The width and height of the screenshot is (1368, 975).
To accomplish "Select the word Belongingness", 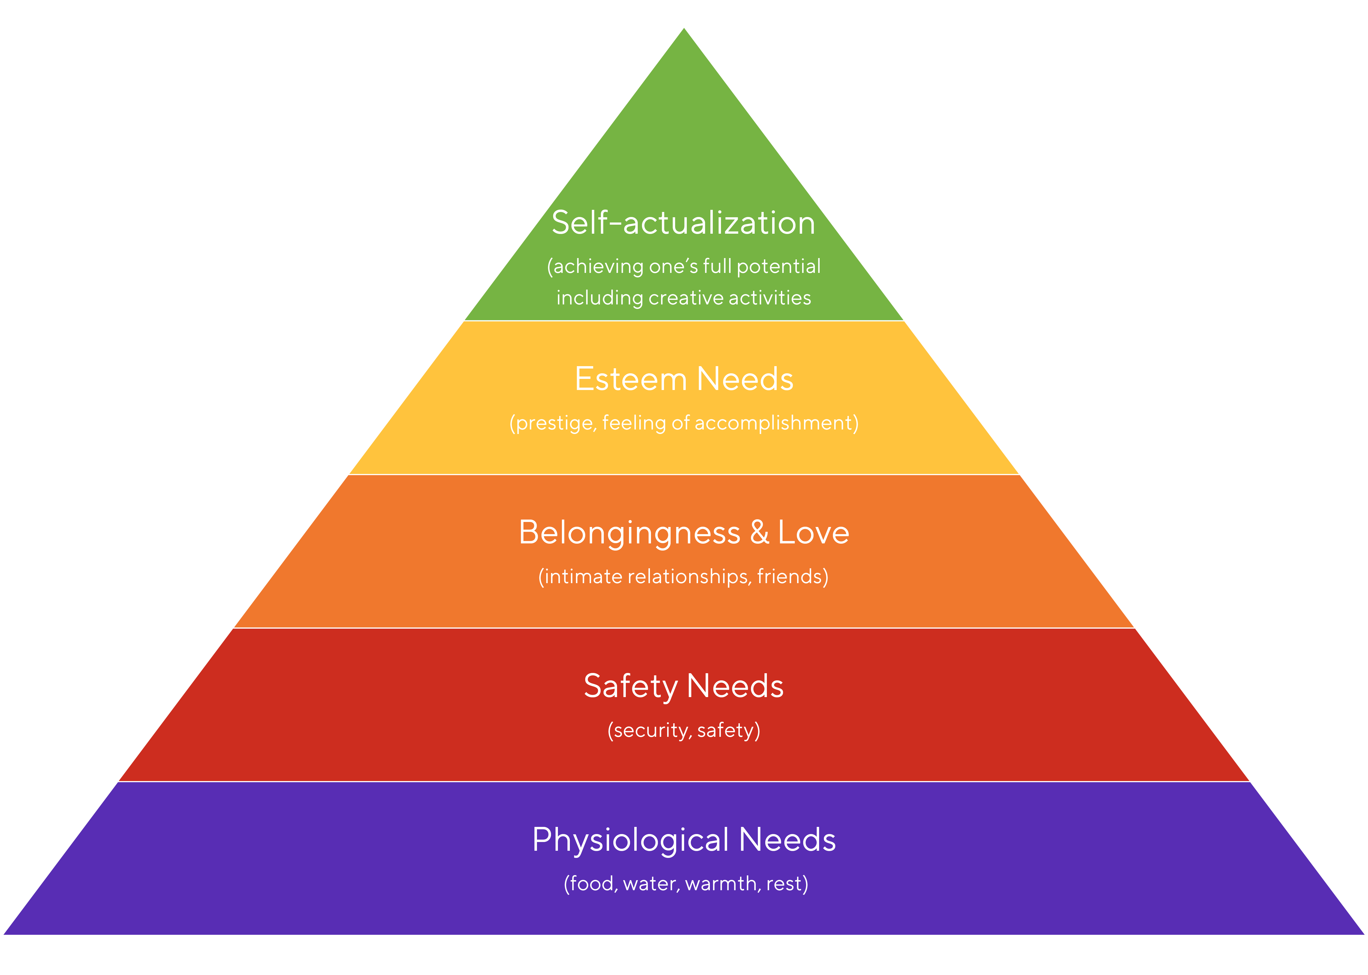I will (629, 533).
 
